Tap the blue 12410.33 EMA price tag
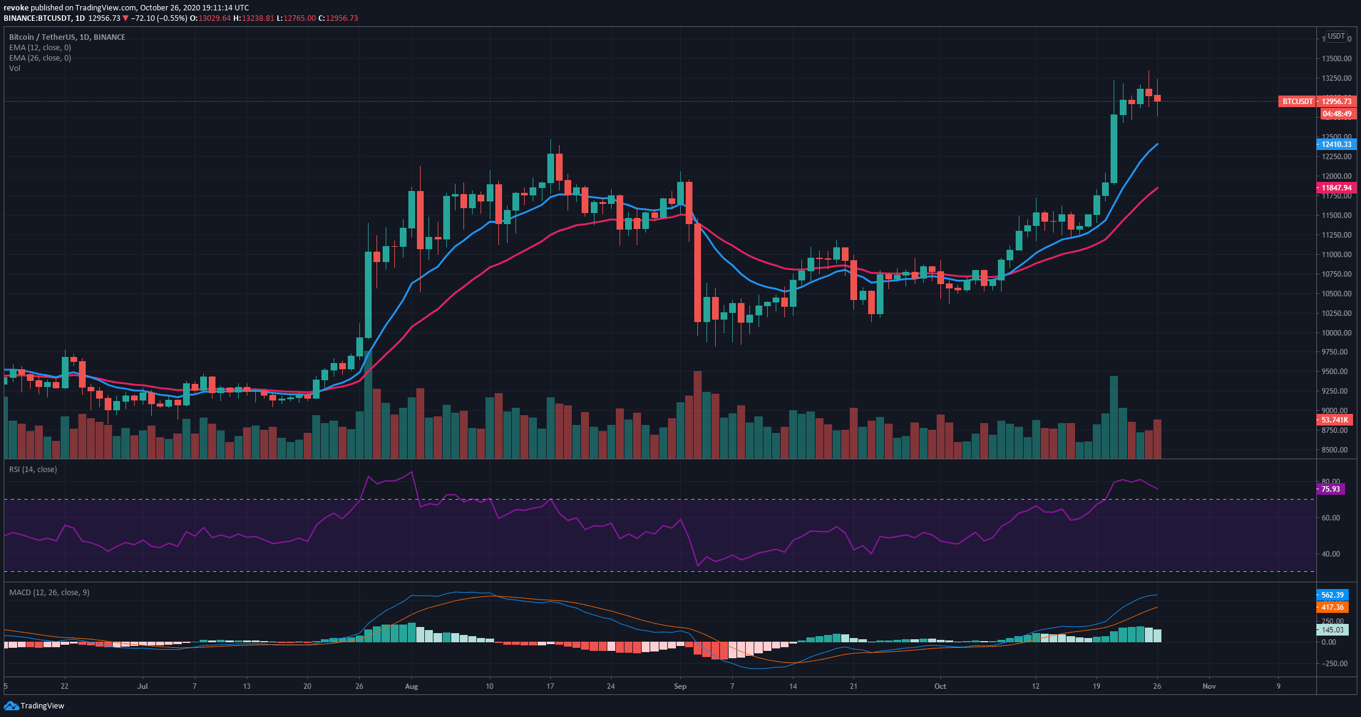pyautogui.click(x=1336, y=145)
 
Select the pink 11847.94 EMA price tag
pyautogui.click(x=1336, y=188)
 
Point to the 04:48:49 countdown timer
pyautogui.click(x=1337, y=114)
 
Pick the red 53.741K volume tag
pyautogui.click(x=1334, y=420)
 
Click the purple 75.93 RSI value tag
pyautogui.click(x=1330, y=489)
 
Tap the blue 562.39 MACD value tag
pyautogui.click(x=1332, y=595)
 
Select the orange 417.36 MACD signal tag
pyautogui.click(x=1332, y=607)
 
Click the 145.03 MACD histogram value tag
pyautogui.click(x=1332, y=630)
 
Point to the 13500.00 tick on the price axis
pyautogui.click(x=1337, y=59)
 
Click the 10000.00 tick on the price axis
pyautogui.click(x=1337, y=333)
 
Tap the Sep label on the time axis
pyautogui.click(x=680, y=686)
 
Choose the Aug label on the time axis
pyautogui.click(x=411, y=686)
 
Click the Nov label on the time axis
pyautogui.click(x=1209, y=686)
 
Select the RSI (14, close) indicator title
pyautogui.click(x=33, y=470)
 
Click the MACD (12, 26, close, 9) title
pyautogui.click(x=49, y=593)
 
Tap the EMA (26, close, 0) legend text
pyautogui.click(x=40, y=58)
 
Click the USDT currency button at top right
pyautogui.click(x=1336, y=37)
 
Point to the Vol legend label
pyautogui.click(x=15, y=69)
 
